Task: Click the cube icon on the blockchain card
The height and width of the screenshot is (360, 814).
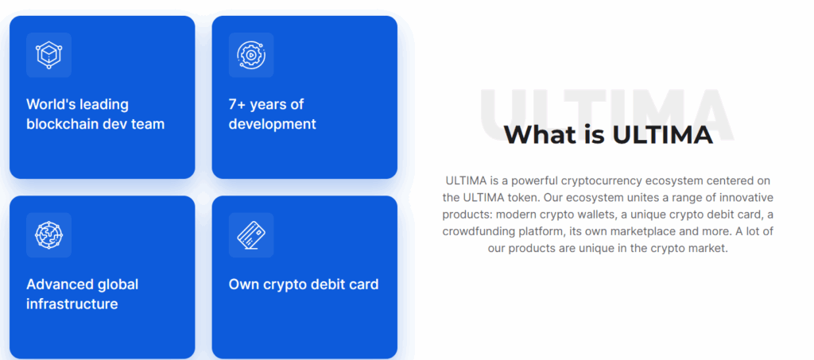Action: pos(48,55)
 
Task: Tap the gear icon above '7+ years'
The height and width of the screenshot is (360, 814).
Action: pos(251,55)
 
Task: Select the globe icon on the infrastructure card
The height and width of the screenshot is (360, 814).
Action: pos(48,235)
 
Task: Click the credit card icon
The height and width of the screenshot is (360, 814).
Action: pos(251,235)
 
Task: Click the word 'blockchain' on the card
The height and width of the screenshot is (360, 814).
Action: pos(59,124)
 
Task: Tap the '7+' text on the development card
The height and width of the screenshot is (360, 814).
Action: pos(237,104)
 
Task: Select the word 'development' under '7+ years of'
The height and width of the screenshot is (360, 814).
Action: pos(273,125)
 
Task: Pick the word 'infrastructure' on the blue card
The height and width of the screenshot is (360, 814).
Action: pos(72,304)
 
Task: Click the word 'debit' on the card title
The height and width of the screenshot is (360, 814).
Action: pos(326,285)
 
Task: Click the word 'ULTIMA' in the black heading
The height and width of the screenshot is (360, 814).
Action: pos(662,135)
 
